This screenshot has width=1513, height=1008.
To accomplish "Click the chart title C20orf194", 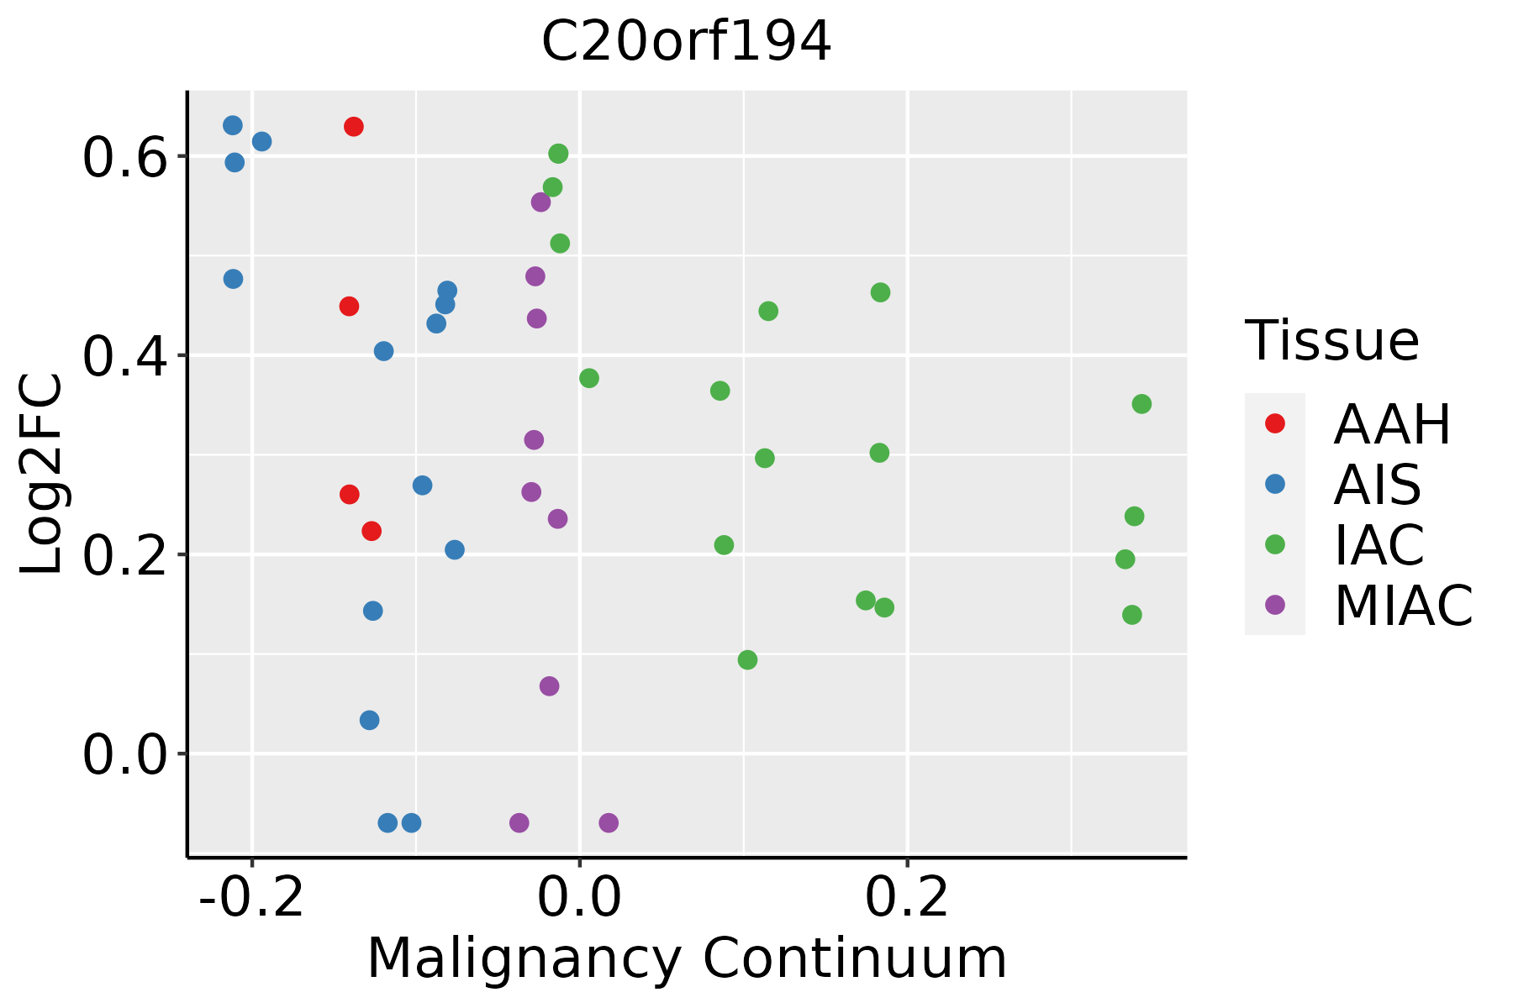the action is [x=686, y=41].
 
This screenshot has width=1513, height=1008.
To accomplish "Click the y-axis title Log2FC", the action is [x=42, y=475].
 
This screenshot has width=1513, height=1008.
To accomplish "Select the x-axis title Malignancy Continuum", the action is [x=687, y=958].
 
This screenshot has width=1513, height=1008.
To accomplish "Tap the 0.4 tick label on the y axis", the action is [x=124, y=356].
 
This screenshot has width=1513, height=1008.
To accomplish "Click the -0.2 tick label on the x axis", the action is [x=251, y=898].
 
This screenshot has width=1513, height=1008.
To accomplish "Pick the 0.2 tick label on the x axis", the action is [x=907, y=898].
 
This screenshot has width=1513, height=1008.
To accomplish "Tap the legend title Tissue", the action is [x=1332, y=341].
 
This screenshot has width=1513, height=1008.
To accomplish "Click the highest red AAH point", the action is [x=354, y=127].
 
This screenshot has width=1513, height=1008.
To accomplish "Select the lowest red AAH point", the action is [x=372, y=531].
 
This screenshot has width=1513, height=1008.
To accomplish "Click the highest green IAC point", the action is [x=558, y=154].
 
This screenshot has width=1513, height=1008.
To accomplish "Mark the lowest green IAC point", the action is [x=747, y=660].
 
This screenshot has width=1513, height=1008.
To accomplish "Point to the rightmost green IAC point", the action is [x=1141, y=404].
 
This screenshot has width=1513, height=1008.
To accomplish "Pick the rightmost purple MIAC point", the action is [x=609, y=822].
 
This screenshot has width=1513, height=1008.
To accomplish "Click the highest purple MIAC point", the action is [x=540, y=202].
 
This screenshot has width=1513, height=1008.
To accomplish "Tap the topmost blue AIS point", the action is [x=233, y=125].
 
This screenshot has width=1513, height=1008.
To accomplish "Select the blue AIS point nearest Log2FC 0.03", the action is [x=369, y=720].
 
